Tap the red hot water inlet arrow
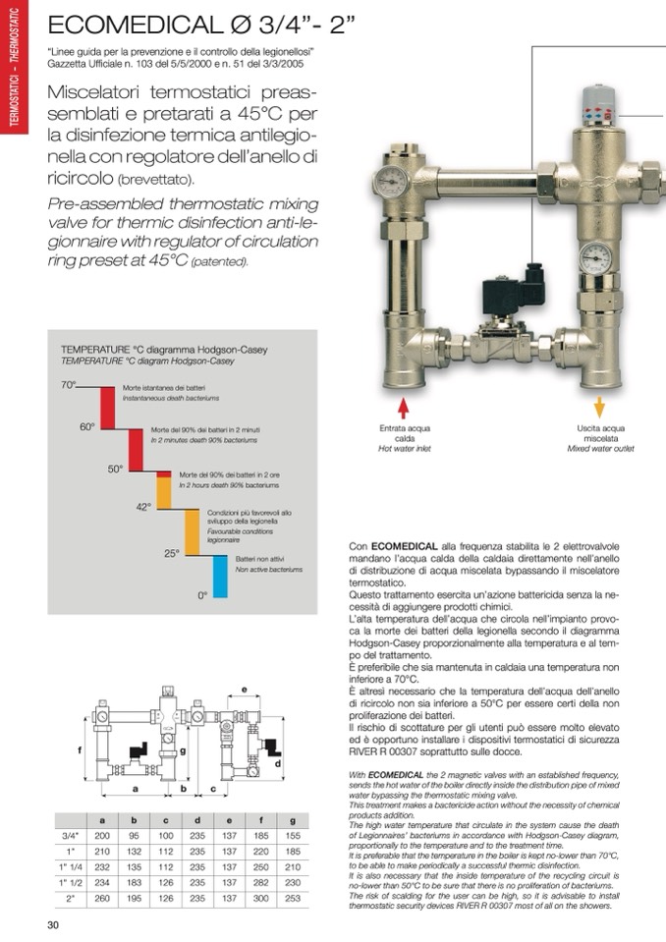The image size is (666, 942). [x=402, y=407]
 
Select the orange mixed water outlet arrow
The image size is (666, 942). [x=598, y=407]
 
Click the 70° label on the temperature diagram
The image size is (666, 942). [x=68, y=386]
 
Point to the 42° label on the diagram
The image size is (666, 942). [x=143, y=507]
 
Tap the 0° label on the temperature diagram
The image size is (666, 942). [x=202, y=595]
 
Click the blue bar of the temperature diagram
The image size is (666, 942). [x=220, y=577]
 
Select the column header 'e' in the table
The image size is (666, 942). [x=229, y=819]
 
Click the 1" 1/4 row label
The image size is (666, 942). [x=71, y=868]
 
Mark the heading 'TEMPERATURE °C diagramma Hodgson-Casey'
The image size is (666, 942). [x=164, y=349]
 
